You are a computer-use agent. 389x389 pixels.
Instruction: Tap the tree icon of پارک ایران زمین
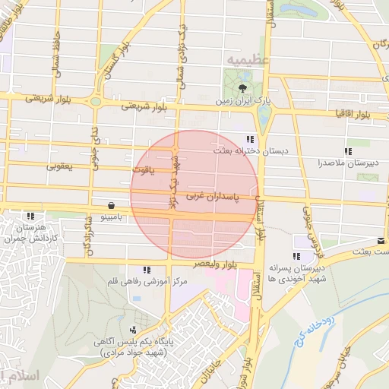click(242, 89)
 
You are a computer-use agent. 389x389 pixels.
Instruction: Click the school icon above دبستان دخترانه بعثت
click(250, 138)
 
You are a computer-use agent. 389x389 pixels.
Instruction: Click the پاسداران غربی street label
click(212, 196)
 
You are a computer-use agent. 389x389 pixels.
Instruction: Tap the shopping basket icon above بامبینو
click(112, 205)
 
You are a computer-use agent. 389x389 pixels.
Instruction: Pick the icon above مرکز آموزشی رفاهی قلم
click(146, 270)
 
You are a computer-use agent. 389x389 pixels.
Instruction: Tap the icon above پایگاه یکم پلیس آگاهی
click(134, 330)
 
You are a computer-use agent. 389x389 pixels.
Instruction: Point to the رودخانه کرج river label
click(310, 328)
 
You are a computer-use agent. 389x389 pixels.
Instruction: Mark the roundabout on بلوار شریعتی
click(96, 102)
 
